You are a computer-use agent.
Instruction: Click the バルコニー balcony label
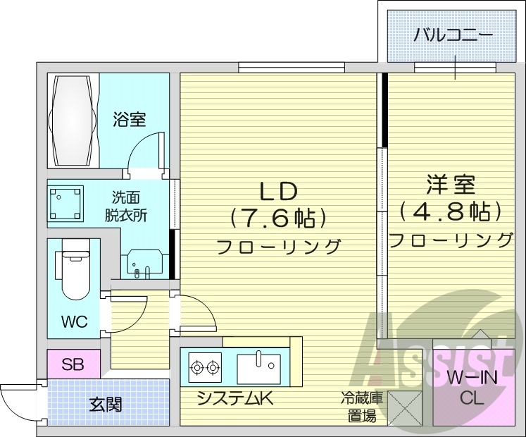(x=452, y=33)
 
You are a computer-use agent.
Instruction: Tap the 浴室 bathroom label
(x=130, y=120)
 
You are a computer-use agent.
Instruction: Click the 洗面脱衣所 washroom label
(x=127, y=207)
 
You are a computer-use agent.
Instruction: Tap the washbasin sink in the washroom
(x=145, y=265)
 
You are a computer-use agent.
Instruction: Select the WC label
(x=74, y=322)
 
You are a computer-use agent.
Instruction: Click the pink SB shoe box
(x=73, y=364)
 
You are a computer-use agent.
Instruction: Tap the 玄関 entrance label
(x=106, y=404)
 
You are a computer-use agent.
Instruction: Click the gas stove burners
(x=205, y=367)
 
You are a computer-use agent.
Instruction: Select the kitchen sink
(x=258, y=367)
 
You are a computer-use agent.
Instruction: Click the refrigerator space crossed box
(x=403, y=407)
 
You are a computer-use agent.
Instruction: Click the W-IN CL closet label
(x=471, y=388)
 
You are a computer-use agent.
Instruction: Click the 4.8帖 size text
(x=451, y=211)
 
